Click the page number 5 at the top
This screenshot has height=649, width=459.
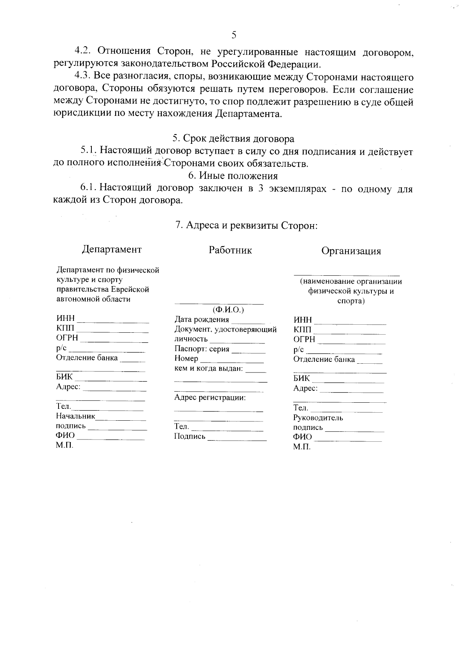tap(234, 35)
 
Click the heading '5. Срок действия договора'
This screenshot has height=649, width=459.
tap(233, 138)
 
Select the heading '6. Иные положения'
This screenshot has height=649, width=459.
tap(233, 176)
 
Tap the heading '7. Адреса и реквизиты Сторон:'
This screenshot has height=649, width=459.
tap(246, 225)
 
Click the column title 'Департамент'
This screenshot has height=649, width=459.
tap(112, 249)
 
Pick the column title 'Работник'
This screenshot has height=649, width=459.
tap(230, 250)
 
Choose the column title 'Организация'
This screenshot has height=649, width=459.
tap(351, 251)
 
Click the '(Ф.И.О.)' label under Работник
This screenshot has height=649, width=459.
tap(228, 309)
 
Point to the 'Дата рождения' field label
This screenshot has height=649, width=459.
tap(202, 320)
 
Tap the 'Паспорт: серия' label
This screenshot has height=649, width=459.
tap(202, 349)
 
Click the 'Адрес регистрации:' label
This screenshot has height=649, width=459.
tap(210, 398)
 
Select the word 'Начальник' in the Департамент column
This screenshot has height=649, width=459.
tap(75, 416)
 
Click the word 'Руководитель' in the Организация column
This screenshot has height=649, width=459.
tap(318, 418)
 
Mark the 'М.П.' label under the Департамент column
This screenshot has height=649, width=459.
tap(64, 446)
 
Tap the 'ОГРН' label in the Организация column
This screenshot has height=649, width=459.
tap(304, 339)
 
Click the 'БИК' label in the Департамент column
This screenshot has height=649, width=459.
tap(64, 377)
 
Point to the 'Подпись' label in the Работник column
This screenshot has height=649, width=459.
tap(190, 436)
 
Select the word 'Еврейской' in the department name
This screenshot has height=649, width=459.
tap(130, 290)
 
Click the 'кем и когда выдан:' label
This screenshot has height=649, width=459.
tap(209, 369)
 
